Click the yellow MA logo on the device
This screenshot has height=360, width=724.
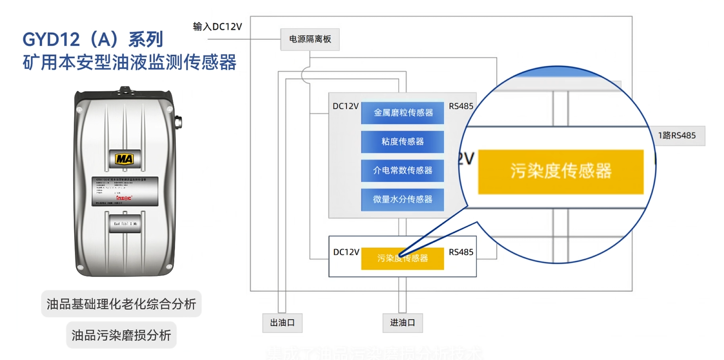point(125,159)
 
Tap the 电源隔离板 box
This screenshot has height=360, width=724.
point(310,39)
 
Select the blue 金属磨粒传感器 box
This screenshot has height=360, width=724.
point(403,113)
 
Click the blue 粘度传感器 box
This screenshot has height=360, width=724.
point(403,142)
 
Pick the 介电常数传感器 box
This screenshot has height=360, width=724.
point(403,171)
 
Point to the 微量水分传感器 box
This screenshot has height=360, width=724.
point(403,200)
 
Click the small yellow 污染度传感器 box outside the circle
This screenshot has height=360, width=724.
point(403,258)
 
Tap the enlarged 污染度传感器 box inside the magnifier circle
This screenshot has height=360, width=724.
point(560,172)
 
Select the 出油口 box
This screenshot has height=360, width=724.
point(282,323)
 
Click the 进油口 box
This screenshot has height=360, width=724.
point(403,323)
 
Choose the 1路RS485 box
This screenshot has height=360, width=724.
point(677,136)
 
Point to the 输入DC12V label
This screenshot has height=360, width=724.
point(217,27)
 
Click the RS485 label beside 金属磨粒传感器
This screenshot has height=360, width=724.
point(461,106)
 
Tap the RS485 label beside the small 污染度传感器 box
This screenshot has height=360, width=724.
point(461,252)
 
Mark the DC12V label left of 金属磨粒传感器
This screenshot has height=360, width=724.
point(345,106)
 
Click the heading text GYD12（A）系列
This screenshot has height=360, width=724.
point(93,39)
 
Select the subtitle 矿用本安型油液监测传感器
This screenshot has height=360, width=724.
point(129,62)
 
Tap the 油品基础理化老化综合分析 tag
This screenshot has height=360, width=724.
point(121,304)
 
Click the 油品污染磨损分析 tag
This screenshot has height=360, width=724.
point(121,335)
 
